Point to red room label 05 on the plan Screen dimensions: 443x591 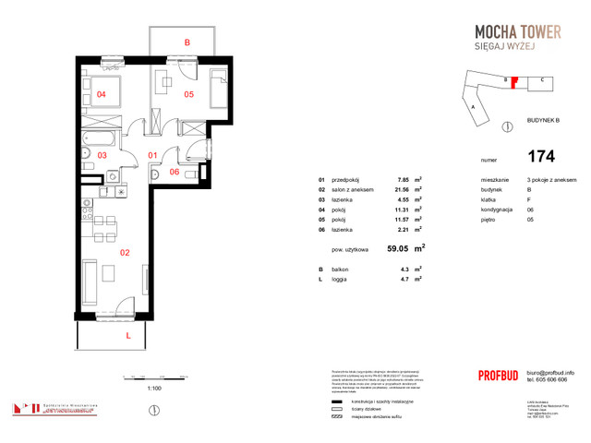pyautogui.click(x=187, y=94)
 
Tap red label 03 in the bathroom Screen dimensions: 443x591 pyautogui.click(x=103, y=155)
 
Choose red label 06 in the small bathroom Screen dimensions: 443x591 pyautogui.click(x=175, y=172)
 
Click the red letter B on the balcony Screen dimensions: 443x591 pyautogui.click(x=187, y=42)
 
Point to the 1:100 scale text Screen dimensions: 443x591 pyautogui.click(x=155, y=389)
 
